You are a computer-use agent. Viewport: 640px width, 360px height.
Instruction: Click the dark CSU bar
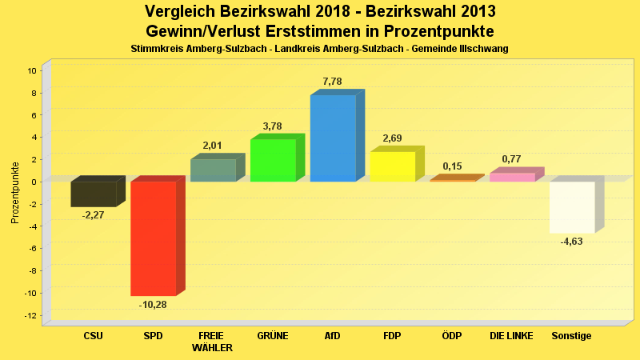pos(94,194)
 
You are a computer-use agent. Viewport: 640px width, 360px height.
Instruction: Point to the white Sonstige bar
pos(572,207)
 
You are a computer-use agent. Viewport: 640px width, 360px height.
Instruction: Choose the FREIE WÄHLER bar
pos(213,170)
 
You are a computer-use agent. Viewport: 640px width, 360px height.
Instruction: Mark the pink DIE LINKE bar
pos(512,177)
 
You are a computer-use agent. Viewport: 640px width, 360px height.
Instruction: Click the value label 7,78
pos(332,82)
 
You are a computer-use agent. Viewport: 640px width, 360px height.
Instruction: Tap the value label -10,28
pos(153,305)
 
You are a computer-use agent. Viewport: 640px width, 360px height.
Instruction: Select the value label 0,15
pos(452,166)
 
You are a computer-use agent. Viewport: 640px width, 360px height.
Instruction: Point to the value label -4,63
pos(572,242)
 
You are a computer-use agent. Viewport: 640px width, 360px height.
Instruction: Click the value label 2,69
pos(392,138)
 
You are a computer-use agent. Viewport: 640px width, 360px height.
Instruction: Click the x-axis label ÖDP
pos(452,336)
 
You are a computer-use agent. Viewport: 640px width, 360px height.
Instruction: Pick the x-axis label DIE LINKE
pos(511,336)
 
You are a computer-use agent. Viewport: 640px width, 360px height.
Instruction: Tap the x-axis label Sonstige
pos(571,336)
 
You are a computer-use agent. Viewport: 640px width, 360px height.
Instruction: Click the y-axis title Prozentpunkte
pos(15,193)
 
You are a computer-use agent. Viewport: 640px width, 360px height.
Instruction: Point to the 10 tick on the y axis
pos(33,70)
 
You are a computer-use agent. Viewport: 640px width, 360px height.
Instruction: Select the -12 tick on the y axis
pos(31,315)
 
